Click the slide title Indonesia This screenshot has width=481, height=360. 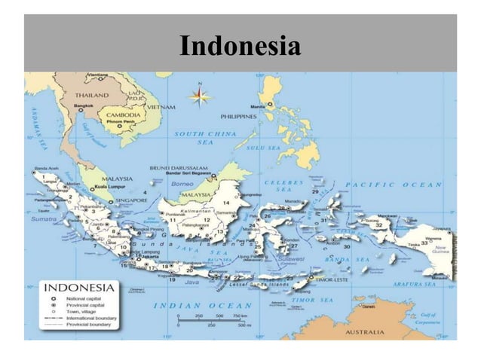point(240,47)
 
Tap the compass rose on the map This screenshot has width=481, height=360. point(200,96)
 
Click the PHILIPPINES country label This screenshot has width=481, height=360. point(239,117)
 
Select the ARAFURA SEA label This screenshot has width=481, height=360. point(413,285)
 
